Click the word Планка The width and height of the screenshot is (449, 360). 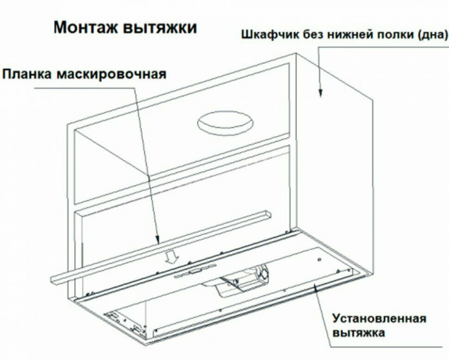pyautogui.click(x=28, y=74)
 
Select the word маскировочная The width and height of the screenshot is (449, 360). pyautogui.click(x=112, y=74)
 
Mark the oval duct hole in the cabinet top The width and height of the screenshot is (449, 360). pyautogui.click(x=224, y=123)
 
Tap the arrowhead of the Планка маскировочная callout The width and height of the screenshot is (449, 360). pyautogui.click(x=158, y=241)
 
